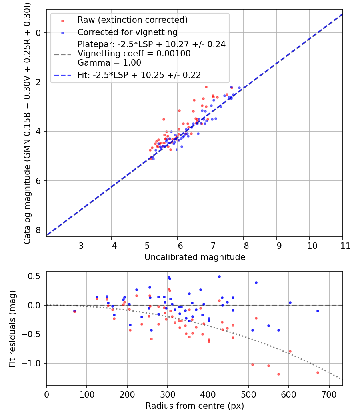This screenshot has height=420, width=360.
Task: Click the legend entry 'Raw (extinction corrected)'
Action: pos(132,20)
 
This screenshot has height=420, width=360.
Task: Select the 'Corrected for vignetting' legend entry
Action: pos(127,32)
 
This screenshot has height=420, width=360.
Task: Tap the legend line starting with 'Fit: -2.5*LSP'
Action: pos(139,75)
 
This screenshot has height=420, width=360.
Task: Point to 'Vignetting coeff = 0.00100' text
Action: pos(134,54)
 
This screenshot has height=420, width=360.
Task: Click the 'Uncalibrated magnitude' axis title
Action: pos(194,257)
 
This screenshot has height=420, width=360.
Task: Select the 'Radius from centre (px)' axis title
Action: pos(194,406)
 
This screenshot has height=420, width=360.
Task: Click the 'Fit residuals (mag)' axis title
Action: pos(12,328)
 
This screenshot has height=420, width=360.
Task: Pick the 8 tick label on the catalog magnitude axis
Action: pos(39,230)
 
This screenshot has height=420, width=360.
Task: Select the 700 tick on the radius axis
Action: pos(329,394)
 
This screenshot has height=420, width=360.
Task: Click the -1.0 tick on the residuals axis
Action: pos(34,363)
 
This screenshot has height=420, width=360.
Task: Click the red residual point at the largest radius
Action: pos(318,372)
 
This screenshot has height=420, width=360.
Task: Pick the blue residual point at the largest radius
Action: pos(318,311)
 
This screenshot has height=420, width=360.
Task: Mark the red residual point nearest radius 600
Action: pos(290,351)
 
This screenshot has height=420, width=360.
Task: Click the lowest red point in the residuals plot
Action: pos(278,374)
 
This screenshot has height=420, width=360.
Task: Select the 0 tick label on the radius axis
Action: pos(47,394)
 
